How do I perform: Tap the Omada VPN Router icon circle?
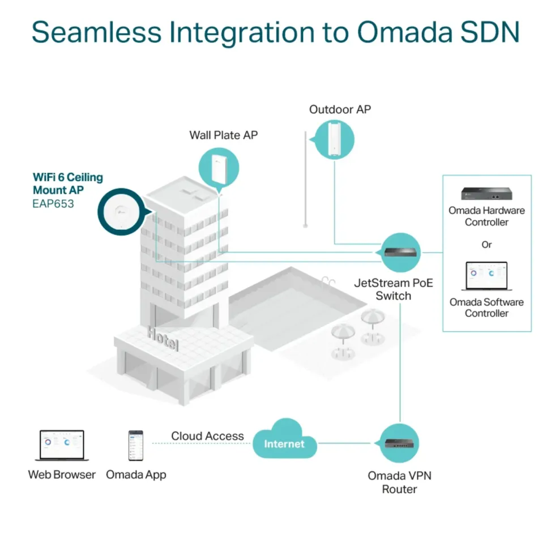pos(399,443)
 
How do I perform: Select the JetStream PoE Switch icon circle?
pos(400,253)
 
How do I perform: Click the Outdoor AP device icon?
pos(334,139)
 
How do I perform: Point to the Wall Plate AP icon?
pos(219,168)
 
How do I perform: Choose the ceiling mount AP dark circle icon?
pos(122,212)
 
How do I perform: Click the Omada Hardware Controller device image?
pos(486,194)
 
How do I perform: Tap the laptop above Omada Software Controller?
pos(486,276)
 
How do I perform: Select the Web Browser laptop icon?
pos(62,445)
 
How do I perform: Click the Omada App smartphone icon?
pos(136,446)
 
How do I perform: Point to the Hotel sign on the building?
pos(163,339)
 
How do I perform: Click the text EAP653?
pos(53,204)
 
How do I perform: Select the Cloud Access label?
pos(207,436)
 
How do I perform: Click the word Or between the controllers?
pos(486,245)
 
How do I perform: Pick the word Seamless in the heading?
pos(97,32)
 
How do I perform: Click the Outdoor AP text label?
pos(340,109)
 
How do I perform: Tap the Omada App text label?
pos(136,475)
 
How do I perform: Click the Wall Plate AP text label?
pos(223,135)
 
